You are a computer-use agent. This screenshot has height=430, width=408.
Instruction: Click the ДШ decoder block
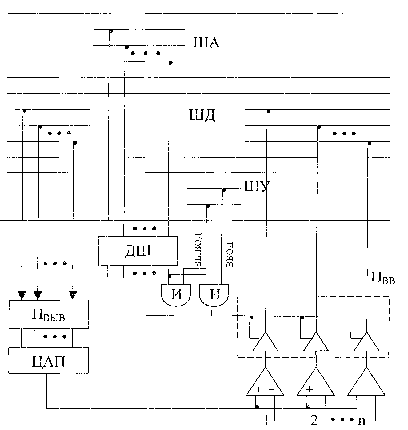click(x=138, y=250)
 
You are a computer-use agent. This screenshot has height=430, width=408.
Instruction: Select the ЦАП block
click(x=48, y=360)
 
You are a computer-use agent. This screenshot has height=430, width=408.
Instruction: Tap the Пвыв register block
click(x=49, y=314)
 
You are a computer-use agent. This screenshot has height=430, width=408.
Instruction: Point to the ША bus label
click(x=206, y=43)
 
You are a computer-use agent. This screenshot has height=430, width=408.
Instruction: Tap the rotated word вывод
click(x=199, y=250)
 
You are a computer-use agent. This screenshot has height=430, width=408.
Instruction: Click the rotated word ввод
click(x=230, y=254)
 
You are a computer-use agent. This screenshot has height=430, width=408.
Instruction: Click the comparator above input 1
click(x=265, y=381)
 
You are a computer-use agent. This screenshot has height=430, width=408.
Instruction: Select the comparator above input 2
click(x=316, y=381)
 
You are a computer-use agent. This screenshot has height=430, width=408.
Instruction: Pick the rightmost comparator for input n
click(x=366, y=381)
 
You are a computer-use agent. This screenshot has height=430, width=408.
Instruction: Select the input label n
click(x=362, y=421)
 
